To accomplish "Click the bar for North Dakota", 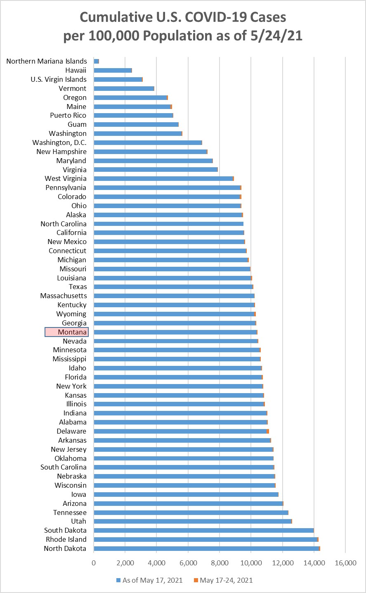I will [x=206, y=548].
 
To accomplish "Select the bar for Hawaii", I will [x=113, y=70].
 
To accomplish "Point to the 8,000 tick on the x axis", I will [x=220, y=563].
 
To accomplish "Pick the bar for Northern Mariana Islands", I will [x=97, y=61].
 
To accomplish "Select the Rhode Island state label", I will [x=66, y=539].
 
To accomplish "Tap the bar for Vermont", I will [x=124, y=88].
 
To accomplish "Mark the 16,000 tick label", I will [x=345, y=563].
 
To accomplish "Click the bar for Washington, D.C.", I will [x=148, y=142].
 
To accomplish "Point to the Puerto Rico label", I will [x=68, y=115].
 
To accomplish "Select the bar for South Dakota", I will [x=204, y=530].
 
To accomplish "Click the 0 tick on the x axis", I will [x=94, y=563].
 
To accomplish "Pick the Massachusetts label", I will [x=64, y=296].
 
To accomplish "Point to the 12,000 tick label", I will [x=283, y=563].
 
